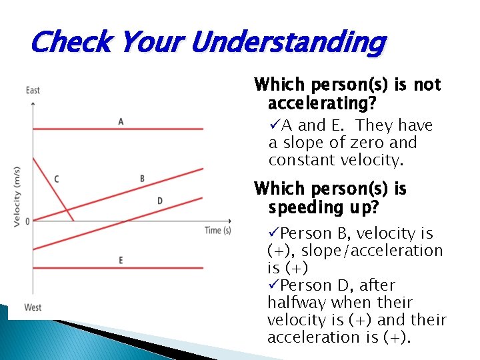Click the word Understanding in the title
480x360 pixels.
pyautogui.click(x=288, y=43)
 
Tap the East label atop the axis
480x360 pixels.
pyautogui.click(x=33, y=91)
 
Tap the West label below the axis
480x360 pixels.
pyautogui.click(x=33, y=307)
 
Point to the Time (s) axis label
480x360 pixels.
pyautogui.click(x=217, y=230)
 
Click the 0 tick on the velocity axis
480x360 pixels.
pyautogui.click(x=27, y=221)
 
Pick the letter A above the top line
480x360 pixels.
pyautogui.click(x=121, y=121)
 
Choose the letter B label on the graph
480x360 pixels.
pyautogui.click(x=142, y=179)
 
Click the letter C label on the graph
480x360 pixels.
pyautogui.click(x=56, y=179)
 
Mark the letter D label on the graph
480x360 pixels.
pyautogui.click(x=159, y=201)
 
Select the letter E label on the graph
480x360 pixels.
pyautogui.click(x=121, y=259)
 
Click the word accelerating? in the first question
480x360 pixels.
pyautogui.click(x=321, y=104)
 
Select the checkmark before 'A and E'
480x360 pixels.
pyautogui.click(x=274, y=125)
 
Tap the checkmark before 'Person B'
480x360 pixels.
pyautogui.click(x=274, y=233)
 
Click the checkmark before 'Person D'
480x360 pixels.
pyautogui.click(x=274, y=285)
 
